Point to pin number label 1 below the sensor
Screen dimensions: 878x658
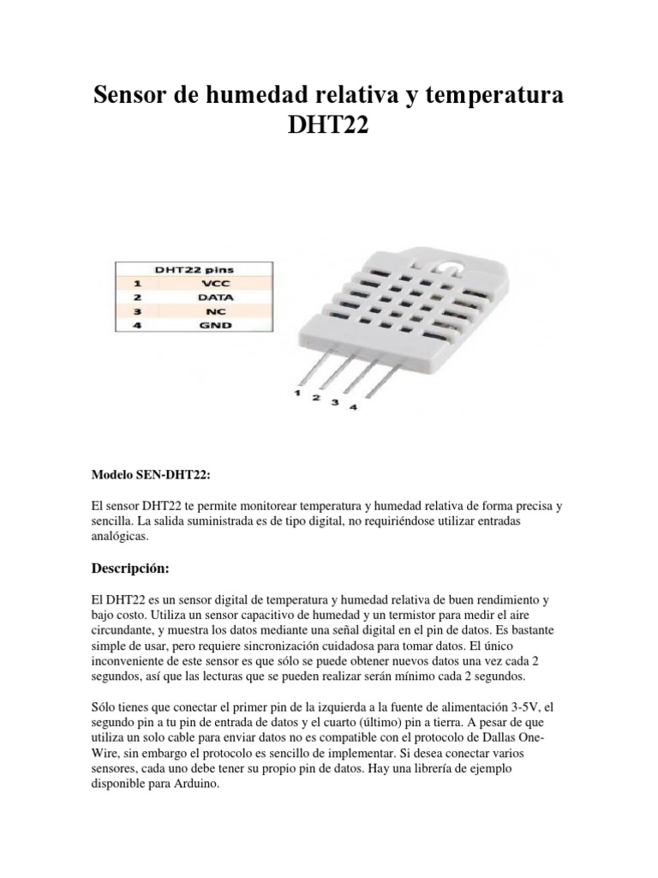pos(296,394)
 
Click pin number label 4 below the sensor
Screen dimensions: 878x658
pos(352,408)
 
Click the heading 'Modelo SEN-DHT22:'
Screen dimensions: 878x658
pos(150,474)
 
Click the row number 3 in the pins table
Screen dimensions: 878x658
pos(136,313)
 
